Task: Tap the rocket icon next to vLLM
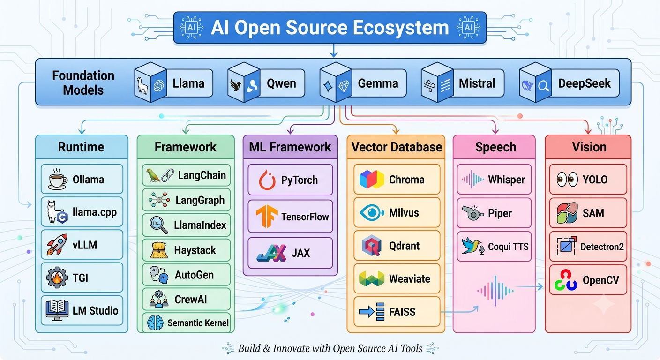click(x=57, y=245)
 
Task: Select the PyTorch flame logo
click(x=267, y=180)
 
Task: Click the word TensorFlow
click(x=305, y=217)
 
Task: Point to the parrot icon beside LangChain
click(x=153, y=175)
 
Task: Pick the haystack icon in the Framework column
click(x=159, y=250)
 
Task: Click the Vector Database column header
click(x=397, y=147)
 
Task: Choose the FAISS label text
click(x=402, y=312)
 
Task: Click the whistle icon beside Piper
click(x=472, y=213)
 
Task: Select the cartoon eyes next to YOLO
click(x=567, y=179)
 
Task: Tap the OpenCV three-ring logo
click(x=566, y=280)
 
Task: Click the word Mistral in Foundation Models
click(x=477, y=83)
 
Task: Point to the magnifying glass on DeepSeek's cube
click(x=543, y=86)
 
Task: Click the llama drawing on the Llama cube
click(x=142, y=86)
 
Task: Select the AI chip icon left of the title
click(x=192, y=28)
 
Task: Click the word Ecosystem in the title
click(x=401, y=28)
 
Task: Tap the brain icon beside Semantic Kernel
click(x=155, y=323)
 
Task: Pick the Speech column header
click(x=495, y=147)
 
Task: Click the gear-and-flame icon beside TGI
click(x=57, y=277)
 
